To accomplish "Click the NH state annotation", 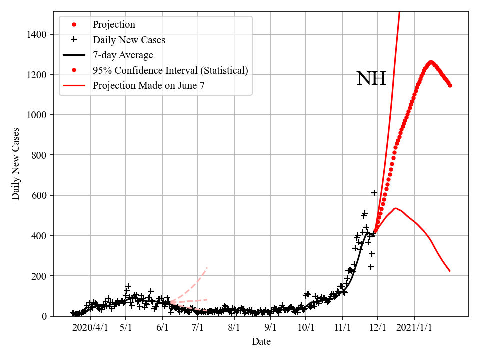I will pyautogui.click(x=371, y=79).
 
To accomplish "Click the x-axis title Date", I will pyautogui.click(x=261, y=342).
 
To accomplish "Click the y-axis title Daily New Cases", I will pyautogui.click(x=16, y=164).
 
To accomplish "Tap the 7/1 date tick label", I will pyautogui.click(x=198, y=328).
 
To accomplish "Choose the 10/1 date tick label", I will pyautogui.click(x=306, y=328).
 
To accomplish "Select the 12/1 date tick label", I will pyautogui.click(x=378, y=328).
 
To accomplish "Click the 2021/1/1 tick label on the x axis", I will pyautogui.click(x=414, y=328).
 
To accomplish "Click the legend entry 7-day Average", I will pyautogui.click(x=123, y=55).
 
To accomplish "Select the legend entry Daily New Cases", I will pyautogui.click(x=129, y=40).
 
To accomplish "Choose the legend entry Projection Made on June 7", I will pyautogui.click(x=148, y=85).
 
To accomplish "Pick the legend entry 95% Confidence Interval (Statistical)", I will pyautogui.click(x=170, y=70).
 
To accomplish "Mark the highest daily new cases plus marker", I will pyautogui.click(x=374, y=193).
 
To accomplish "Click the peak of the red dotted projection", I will pyautogui.click(x=431, y=62).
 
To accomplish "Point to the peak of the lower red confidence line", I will pyautogui.click(x=395, y=208).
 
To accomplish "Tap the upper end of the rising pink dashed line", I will pyautogui.click(x=207, y=268).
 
